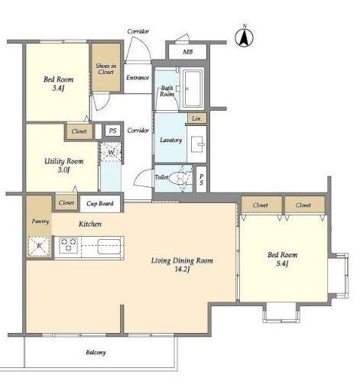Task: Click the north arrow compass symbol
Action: coord(244,38)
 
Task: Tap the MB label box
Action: coord(187,52)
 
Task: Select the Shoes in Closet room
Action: coord(106,67)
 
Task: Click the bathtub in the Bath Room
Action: coord(193,89)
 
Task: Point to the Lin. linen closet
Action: coord(196,118)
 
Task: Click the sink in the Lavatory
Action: coord(196,144)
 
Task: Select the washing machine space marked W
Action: coord(111,152)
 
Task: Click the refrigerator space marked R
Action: coord(39,246)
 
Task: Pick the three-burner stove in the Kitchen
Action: coord(68,245)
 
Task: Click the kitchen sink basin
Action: coord(109,246)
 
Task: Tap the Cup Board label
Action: coord(100,203)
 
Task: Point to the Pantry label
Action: coord(41,221)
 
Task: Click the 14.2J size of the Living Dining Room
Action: coord(182,270)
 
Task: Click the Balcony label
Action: coord(96,353)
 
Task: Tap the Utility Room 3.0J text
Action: coord(63,166)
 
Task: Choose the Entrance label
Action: coord(138,77)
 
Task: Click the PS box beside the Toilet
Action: coord(201,179)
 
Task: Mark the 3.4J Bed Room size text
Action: coord(58,89)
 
